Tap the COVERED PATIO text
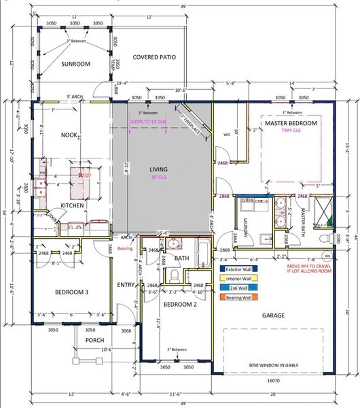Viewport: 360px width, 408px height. (155, 57)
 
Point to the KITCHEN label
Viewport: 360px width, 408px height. (73, 205)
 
